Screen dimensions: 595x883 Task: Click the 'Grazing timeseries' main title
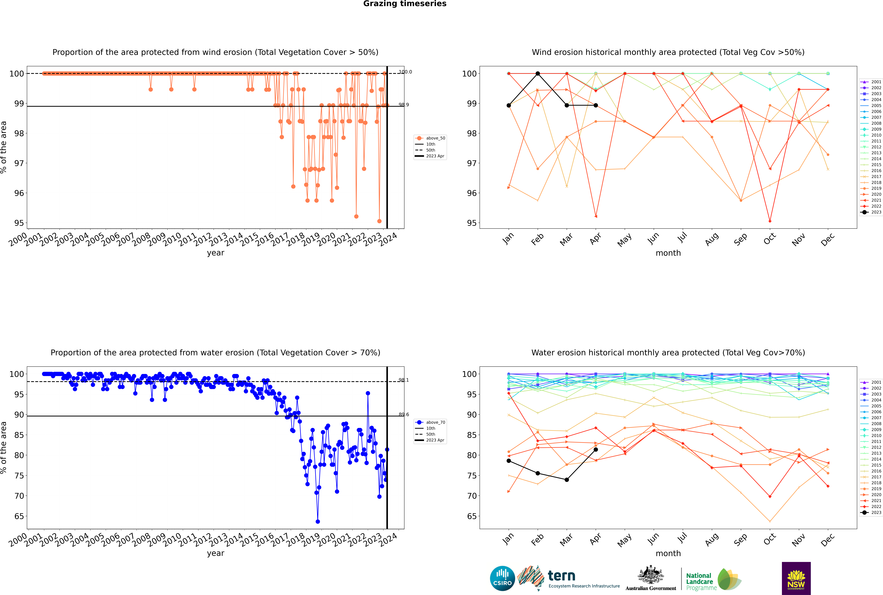405,4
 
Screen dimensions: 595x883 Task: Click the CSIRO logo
502,578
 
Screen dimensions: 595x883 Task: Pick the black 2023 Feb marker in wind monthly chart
538,74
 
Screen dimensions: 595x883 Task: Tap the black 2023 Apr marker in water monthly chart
596,450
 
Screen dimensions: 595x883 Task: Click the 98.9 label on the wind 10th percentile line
404,105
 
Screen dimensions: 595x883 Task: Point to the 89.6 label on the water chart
404,414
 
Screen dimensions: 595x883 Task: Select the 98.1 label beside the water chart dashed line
404,380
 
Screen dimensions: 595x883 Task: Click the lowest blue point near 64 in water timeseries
318,521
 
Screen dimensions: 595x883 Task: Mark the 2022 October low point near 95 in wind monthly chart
770,221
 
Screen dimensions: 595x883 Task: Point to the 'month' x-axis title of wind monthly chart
668,253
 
